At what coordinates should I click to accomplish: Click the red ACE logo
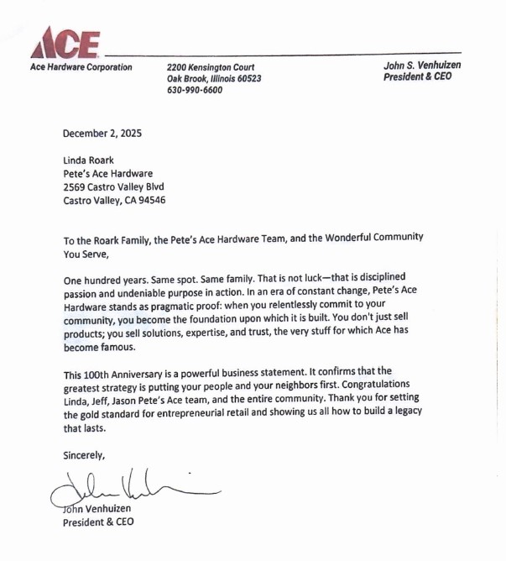[x=67, y=42]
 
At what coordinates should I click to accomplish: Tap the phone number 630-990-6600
[x=195, y=91]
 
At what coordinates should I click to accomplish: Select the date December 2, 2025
[x=102, y=133]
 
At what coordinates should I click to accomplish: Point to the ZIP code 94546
[x=149, y=201]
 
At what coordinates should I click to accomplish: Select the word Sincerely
[x=85, y=455]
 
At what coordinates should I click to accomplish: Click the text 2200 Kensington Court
[x=210, y=67]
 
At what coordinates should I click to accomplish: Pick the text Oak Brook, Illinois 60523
[x=214, y=79]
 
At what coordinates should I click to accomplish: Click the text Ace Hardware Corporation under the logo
[x=81, y=67]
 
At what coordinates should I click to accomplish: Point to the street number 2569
[x=76, y=187]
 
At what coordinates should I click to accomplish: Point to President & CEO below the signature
[x=98, y=522]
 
